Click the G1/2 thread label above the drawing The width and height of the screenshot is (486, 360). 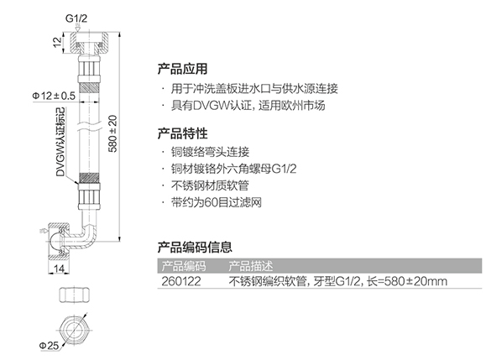[76, 18]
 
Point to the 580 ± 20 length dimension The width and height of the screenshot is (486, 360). [113, 133]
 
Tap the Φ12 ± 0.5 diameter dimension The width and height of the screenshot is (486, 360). [54, 96]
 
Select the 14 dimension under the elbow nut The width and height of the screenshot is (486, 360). [59, 269]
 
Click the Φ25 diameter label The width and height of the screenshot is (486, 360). [49, 345]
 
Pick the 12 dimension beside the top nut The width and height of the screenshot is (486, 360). [57, 42]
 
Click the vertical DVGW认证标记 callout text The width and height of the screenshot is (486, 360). [60, 142]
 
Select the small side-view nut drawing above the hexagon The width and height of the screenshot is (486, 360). [75, 295]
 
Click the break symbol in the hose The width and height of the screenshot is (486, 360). [89, 127]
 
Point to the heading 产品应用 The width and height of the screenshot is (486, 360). [182, 69]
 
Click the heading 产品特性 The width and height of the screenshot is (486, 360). [182, 133]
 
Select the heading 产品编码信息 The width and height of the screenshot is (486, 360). [195, 247]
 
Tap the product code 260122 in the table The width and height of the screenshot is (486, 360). [181, 281]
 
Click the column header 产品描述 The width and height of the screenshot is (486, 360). [251, 266]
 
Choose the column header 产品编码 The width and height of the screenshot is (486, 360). [184, 266]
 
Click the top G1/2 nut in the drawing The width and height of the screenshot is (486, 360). [89, 43]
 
